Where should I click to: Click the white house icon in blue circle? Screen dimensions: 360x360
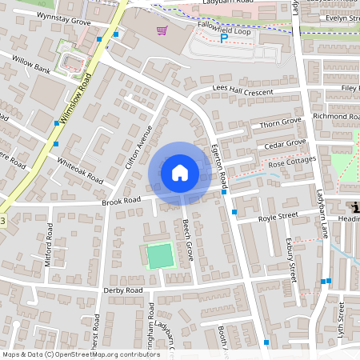[x=179, y=172]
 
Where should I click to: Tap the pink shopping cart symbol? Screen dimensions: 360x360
[x=162, y=31]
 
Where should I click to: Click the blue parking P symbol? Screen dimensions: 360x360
[x=224, y=37]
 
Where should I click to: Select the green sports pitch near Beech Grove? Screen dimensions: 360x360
[x=160, y=256]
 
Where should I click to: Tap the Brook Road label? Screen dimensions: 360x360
[x=121, y=200]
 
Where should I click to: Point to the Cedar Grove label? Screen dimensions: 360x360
[x=285, y=144]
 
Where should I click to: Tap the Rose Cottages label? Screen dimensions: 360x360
[x=292, y=162]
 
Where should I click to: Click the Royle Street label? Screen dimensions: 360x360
[x=277, y=216]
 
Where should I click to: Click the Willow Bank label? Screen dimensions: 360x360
[x=31, y=70]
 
